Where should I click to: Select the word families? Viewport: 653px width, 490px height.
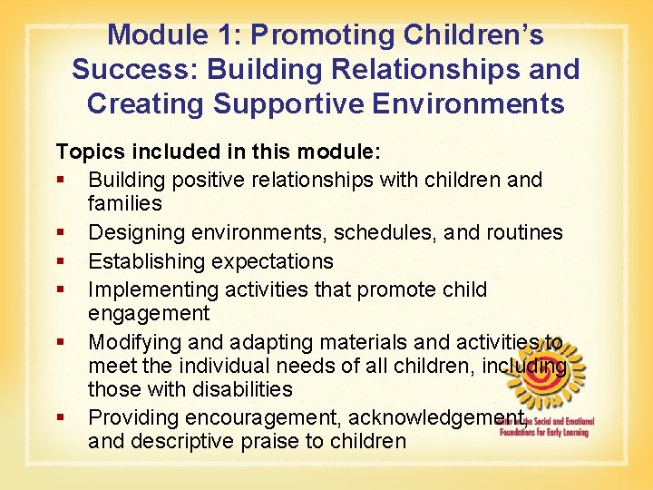coord(125,203)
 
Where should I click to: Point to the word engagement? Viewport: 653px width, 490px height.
coord(148,314)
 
